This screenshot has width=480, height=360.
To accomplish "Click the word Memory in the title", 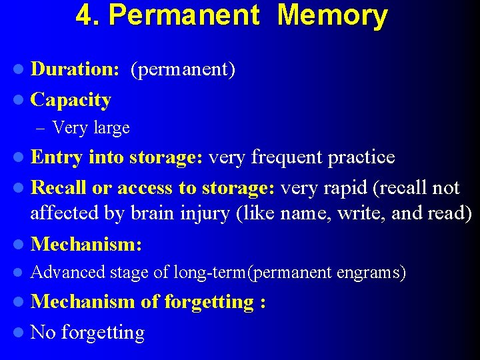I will (x=332, y=15).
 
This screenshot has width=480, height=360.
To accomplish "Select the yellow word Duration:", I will (x=75, y=69).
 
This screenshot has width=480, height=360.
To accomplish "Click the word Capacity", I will (x=71, y=100).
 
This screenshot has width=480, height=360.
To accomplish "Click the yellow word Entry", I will (x=57, y=157).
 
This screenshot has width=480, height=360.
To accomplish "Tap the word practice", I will (x=361, y=157).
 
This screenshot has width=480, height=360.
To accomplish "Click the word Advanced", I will (x=68, y=272).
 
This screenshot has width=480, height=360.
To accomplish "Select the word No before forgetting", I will (x=43, y=332).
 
